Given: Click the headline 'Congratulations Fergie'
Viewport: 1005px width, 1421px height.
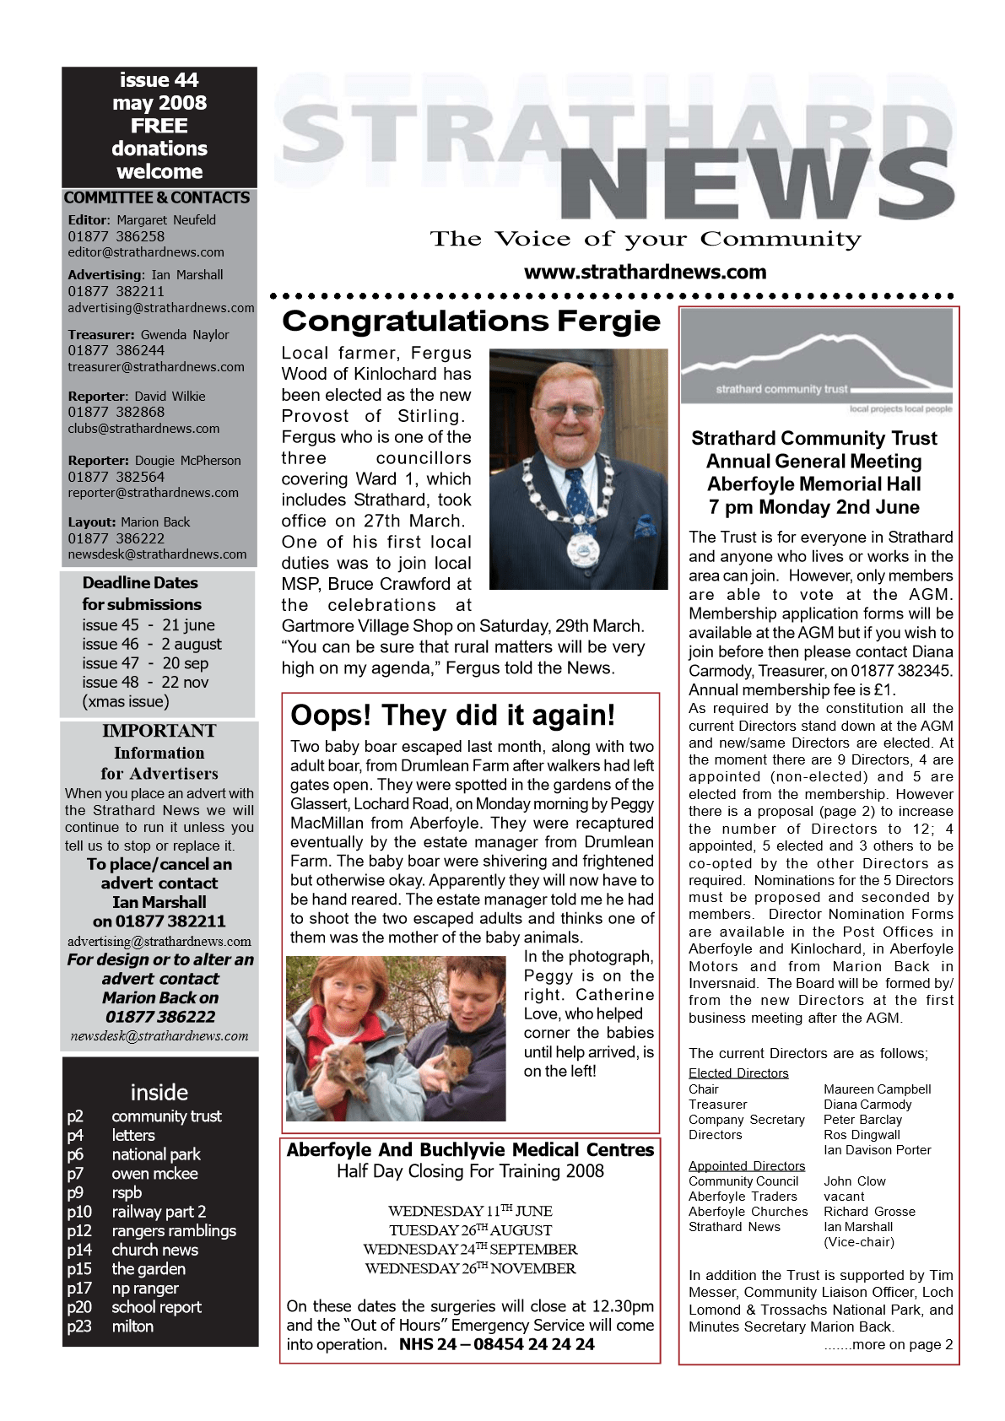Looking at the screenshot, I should click(x=471, y=321).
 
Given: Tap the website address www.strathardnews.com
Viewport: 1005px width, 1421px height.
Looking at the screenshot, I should click(x=645, y=273).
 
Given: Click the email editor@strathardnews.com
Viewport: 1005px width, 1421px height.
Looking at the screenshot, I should click(x=146, y=252).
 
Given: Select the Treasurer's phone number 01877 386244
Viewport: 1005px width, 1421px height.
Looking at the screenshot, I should click(x=116, y=350).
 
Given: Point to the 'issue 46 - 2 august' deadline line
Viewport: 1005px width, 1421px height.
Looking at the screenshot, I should click(x=152, y=644).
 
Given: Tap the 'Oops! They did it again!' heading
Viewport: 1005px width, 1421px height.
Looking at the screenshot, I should click(x=452, y=716).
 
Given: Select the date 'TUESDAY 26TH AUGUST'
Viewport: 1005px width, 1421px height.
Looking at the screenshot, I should click(x=470, y=1230).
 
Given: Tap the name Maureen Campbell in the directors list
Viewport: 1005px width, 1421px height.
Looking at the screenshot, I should click(x=877, y=1089).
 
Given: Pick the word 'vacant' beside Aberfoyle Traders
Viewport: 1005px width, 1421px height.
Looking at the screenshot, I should click(x=844, y=1197).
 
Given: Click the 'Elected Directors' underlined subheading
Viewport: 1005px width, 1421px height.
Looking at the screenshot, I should click(x=738, y=1073).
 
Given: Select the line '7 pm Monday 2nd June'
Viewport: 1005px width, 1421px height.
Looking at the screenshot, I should click(x=813, y=507).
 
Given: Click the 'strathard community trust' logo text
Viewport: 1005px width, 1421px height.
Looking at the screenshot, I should click(x=781, y=390).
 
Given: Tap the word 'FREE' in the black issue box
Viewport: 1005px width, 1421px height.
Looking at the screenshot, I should click(x=159, y=126).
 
